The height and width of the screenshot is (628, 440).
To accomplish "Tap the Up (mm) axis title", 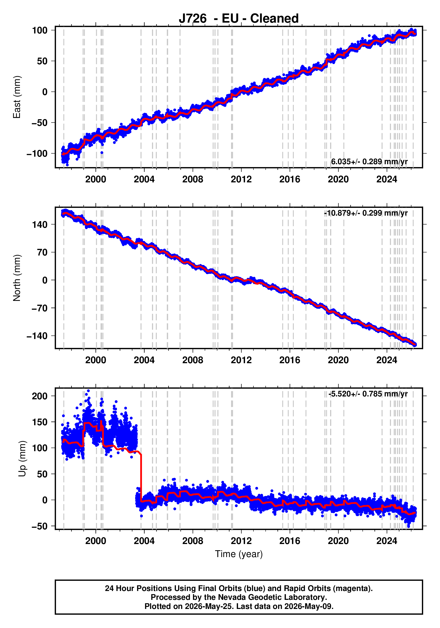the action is click(x=22, y=459).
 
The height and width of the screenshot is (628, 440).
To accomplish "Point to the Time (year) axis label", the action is click(x=239, y=554).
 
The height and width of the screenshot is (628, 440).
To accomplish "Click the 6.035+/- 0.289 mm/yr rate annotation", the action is click(x=369, y=162).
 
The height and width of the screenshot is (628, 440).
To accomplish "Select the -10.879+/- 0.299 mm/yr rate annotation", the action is click(x=366, y=213).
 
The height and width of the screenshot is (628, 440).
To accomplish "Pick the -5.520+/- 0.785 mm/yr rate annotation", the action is click(x=368, y=394).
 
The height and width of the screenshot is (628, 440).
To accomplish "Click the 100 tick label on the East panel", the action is click(x=40, y=30).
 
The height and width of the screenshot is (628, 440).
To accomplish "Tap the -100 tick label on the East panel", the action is click(x=37, y=154).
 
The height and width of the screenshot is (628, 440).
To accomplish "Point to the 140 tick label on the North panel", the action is click(x=40, y=224).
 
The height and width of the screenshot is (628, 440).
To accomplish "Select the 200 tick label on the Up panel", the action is click(x=40, y=396).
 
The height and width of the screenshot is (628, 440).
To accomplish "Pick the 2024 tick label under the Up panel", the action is click(x=387, y=541).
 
